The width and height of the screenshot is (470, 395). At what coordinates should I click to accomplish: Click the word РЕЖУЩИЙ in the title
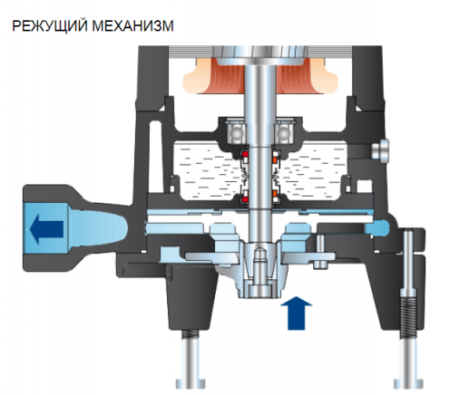pos(50,25)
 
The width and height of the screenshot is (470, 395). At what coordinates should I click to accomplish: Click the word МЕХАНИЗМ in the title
pos(132,25)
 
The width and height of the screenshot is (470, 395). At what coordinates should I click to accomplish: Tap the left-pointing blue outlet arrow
pos(47,229)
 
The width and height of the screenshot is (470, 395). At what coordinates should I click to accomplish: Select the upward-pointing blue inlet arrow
pos(296,313)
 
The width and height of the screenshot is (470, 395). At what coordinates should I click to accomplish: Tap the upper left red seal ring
pos(245,154)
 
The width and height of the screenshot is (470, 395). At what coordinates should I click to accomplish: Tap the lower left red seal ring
pos(245,199)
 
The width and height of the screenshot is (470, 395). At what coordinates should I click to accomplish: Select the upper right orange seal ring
pos(275,159)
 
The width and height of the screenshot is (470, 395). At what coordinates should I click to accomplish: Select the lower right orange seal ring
pos(275,193)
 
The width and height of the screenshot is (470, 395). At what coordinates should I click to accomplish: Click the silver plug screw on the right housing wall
pos(380,150)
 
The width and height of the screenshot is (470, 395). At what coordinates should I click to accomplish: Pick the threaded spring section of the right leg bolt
pos(407,318)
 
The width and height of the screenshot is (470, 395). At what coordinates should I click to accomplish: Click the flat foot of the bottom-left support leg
pos(191,383)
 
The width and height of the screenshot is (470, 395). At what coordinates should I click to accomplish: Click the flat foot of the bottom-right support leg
pos(408,383)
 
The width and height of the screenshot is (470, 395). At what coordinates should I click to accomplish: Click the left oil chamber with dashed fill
pos(206,170)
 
